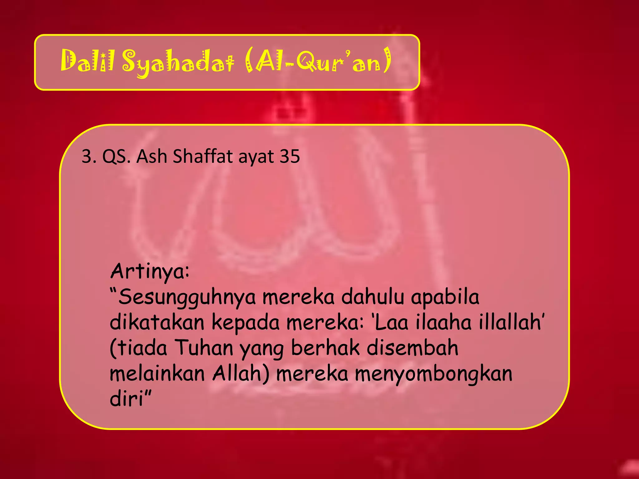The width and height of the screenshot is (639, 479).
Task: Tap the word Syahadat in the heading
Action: [x=178, y=62]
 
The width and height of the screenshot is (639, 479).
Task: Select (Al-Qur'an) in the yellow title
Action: [x=318, y=61]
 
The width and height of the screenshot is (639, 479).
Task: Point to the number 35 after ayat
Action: [x=290, y=156]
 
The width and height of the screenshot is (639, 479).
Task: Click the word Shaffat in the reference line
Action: [x=203, y=156]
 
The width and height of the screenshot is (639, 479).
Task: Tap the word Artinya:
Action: [x=150, y=271]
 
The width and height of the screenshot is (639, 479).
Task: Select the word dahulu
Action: [x=373, y=297]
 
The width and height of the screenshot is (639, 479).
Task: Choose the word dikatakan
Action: [x=157, y=322]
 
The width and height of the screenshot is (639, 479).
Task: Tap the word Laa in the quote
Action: [x=391, y=322]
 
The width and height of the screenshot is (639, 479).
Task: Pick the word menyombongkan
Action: [x=434, y=374]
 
